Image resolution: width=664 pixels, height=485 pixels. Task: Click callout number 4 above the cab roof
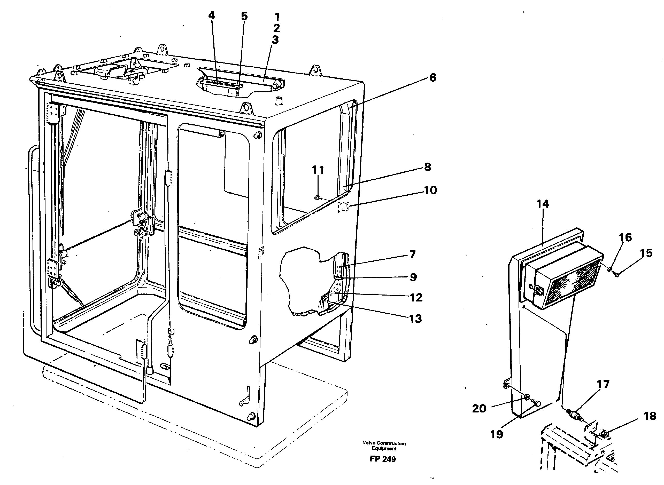(x=212, y=15)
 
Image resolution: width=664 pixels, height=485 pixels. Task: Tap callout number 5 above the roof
(x=244, y=16)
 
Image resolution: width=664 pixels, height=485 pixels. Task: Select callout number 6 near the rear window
(x=433, y=78)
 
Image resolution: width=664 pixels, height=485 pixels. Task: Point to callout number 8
(x=428, y=167)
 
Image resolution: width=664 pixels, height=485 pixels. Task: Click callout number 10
(x=430, y=190)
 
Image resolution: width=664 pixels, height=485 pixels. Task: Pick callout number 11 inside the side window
(x=318, y=170)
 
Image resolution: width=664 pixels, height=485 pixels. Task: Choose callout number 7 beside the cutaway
(x=413, y=254)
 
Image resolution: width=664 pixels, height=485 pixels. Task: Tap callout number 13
(x=415, y=319)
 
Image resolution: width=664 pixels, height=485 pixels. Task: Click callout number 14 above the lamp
(x=543, y=204)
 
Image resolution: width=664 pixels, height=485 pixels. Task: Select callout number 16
(x=626, y=237)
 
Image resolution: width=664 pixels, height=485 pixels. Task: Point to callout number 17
(x=603, y=384)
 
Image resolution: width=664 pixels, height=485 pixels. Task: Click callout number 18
(x=650, y=416)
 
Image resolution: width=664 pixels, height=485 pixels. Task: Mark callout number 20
(x=479, y=408)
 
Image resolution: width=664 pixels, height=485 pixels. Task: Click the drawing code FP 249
(x=383, y=459)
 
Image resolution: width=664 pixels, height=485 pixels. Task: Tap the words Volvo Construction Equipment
(x=384, y=446)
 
